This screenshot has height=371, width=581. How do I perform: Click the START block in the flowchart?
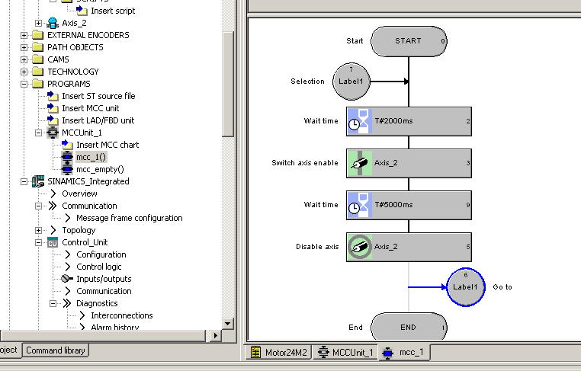click(409, 41)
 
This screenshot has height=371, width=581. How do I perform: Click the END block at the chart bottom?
click(409, 328)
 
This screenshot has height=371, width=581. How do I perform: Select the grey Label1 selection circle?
click(352, 81)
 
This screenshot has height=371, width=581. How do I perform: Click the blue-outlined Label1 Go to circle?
click(467, 287)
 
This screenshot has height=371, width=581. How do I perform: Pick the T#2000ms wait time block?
click(409, 121)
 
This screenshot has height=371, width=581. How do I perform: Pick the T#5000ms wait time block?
click(409, 205)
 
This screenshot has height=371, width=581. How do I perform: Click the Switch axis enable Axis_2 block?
click(409, 163)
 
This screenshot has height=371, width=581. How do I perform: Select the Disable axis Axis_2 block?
click(409, 247)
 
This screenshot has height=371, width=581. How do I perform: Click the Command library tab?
click(56, 350)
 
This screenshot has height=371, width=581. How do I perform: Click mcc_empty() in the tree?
click(100, 169)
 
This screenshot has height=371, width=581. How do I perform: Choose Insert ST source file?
click(98, 96)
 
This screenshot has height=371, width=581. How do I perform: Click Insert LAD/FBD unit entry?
click(98, 120)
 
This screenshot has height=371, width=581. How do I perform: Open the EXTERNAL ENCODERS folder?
click(88, 35)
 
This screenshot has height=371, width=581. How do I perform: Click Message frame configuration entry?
click(129, 218)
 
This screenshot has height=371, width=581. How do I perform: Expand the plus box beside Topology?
click(38, 230)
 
